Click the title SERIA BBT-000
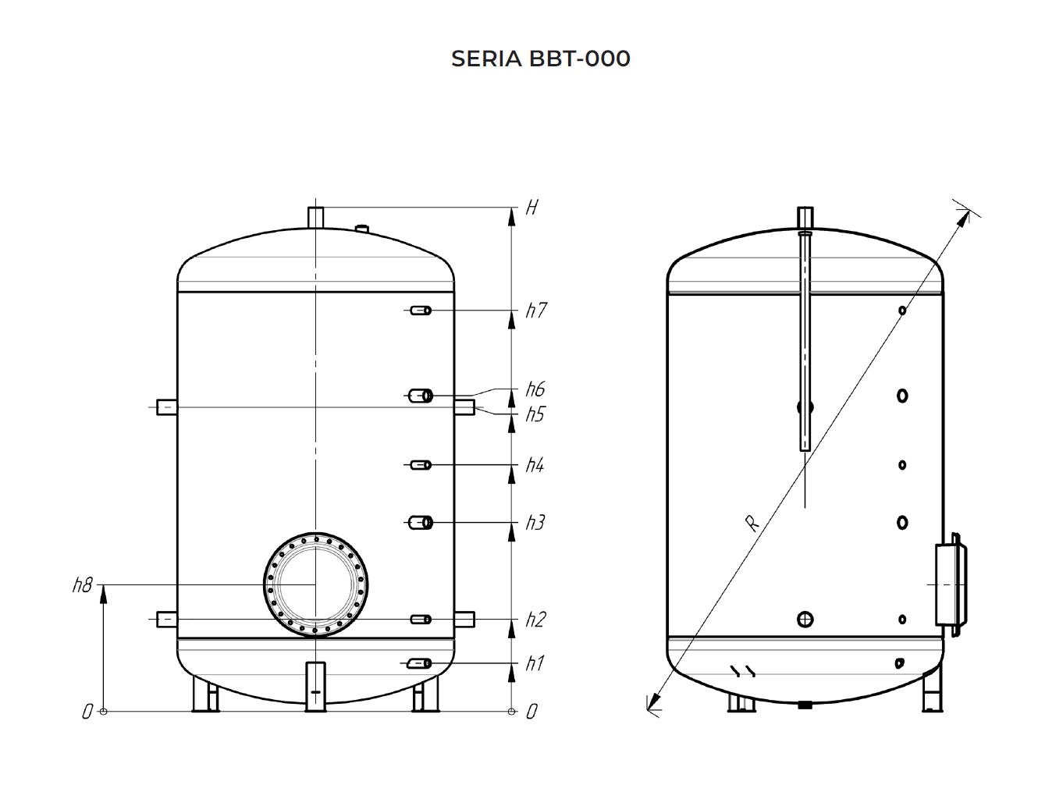540,59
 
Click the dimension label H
531,207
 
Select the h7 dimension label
536,311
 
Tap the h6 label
535,389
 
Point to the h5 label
535,414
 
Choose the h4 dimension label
535,466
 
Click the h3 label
535,523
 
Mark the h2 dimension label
536,620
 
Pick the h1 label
535,663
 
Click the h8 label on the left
82,585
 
